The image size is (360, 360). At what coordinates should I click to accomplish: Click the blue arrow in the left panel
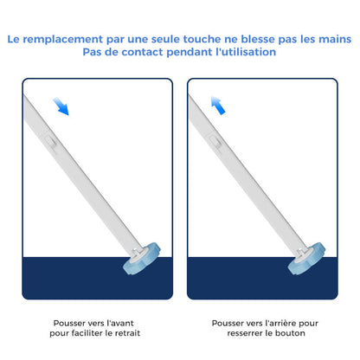point(61,105)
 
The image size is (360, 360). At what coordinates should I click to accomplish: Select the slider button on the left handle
point(51,137)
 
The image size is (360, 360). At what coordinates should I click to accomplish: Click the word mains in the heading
point(332,39)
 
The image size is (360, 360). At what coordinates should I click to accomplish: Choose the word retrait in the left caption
point(124,331)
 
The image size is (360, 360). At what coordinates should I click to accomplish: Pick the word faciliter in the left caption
point(85,331)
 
